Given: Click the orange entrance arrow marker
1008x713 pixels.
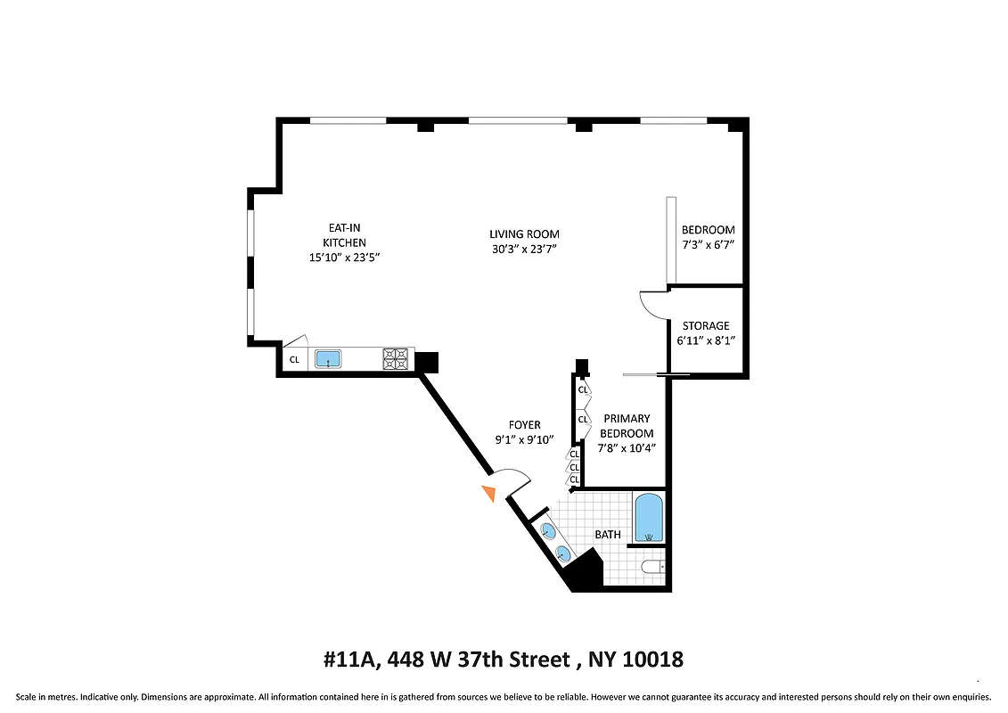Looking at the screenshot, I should tap(488, 493).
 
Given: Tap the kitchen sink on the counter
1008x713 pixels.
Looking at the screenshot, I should tap(329, 360).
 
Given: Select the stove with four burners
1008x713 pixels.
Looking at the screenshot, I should tap(396, 359).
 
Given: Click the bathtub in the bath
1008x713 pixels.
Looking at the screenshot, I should tap(649, 520).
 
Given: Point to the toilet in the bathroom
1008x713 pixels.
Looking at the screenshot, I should tap(653, 567).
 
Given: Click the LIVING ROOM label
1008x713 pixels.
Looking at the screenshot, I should tap(524, 234).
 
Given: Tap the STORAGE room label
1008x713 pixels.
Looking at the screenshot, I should tap(706, 326).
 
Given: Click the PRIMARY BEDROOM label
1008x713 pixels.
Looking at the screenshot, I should tap(627, 426).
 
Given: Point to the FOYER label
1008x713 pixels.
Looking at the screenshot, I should tap(524, 425).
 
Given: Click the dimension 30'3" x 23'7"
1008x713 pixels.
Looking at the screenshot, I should tap(524, 250).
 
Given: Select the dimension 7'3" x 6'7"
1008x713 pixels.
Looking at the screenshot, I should tap(708, 244).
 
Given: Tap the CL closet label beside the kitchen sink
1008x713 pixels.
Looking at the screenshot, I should tap(294, 360).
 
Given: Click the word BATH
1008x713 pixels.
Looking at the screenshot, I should tap(608, 535).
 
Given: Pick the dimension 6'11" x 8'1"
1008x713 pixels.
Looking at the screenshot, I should tap(706, 340).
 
